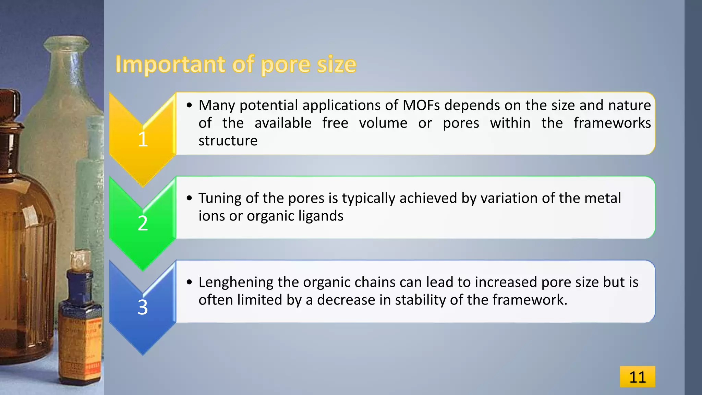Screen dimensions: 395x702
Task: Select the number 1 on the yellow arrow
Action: (143, 139)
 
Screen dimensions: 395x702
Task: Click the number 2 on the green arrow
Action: (143, 223)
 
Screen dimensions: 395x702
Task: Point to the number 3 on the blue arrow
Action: (143, 307)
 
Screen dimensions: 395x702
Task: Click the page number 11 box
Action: (637, 377)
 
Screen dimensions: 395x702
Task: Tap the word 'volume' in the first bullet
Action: (383, 123)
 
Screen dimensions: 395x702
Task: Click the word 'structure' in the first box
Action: (228, 141)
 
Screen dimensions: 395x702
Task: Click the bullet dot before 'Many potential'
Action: (189, 105)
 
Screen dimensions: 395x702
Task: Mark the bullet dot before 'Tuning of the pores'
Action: (189, 198)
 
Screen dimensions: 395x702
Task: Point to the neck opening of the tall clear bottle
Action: (66, 42)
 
